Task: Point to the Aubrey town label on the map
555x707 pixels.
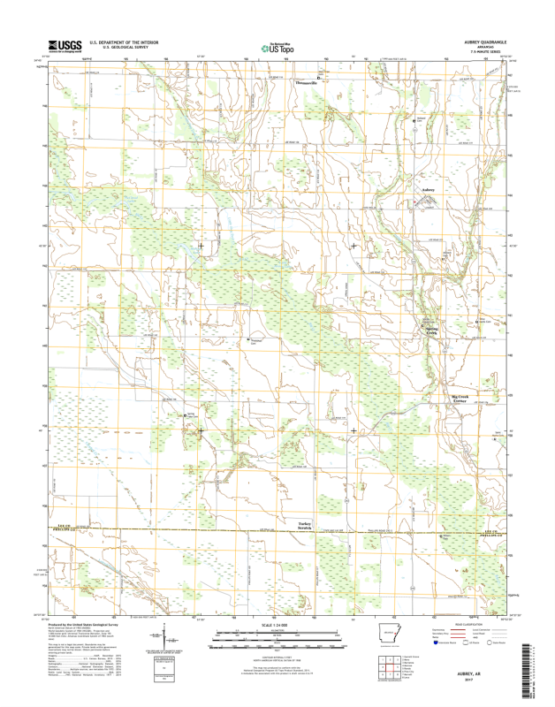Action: click(x=429, y=189)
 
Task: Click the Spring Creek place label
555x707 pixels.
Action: click(x=428, y=329)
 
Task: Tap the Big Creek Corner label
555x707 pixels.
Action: click(x=463, y=399)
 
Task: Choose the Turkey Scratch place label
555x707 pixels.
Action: click(x=306, y=525)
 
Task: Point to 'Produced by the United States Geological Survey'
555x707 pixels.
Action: click(x=87, y=623)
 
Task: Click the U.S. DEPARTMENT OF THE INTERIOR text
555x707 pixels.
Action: click(x=131, y=42)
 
